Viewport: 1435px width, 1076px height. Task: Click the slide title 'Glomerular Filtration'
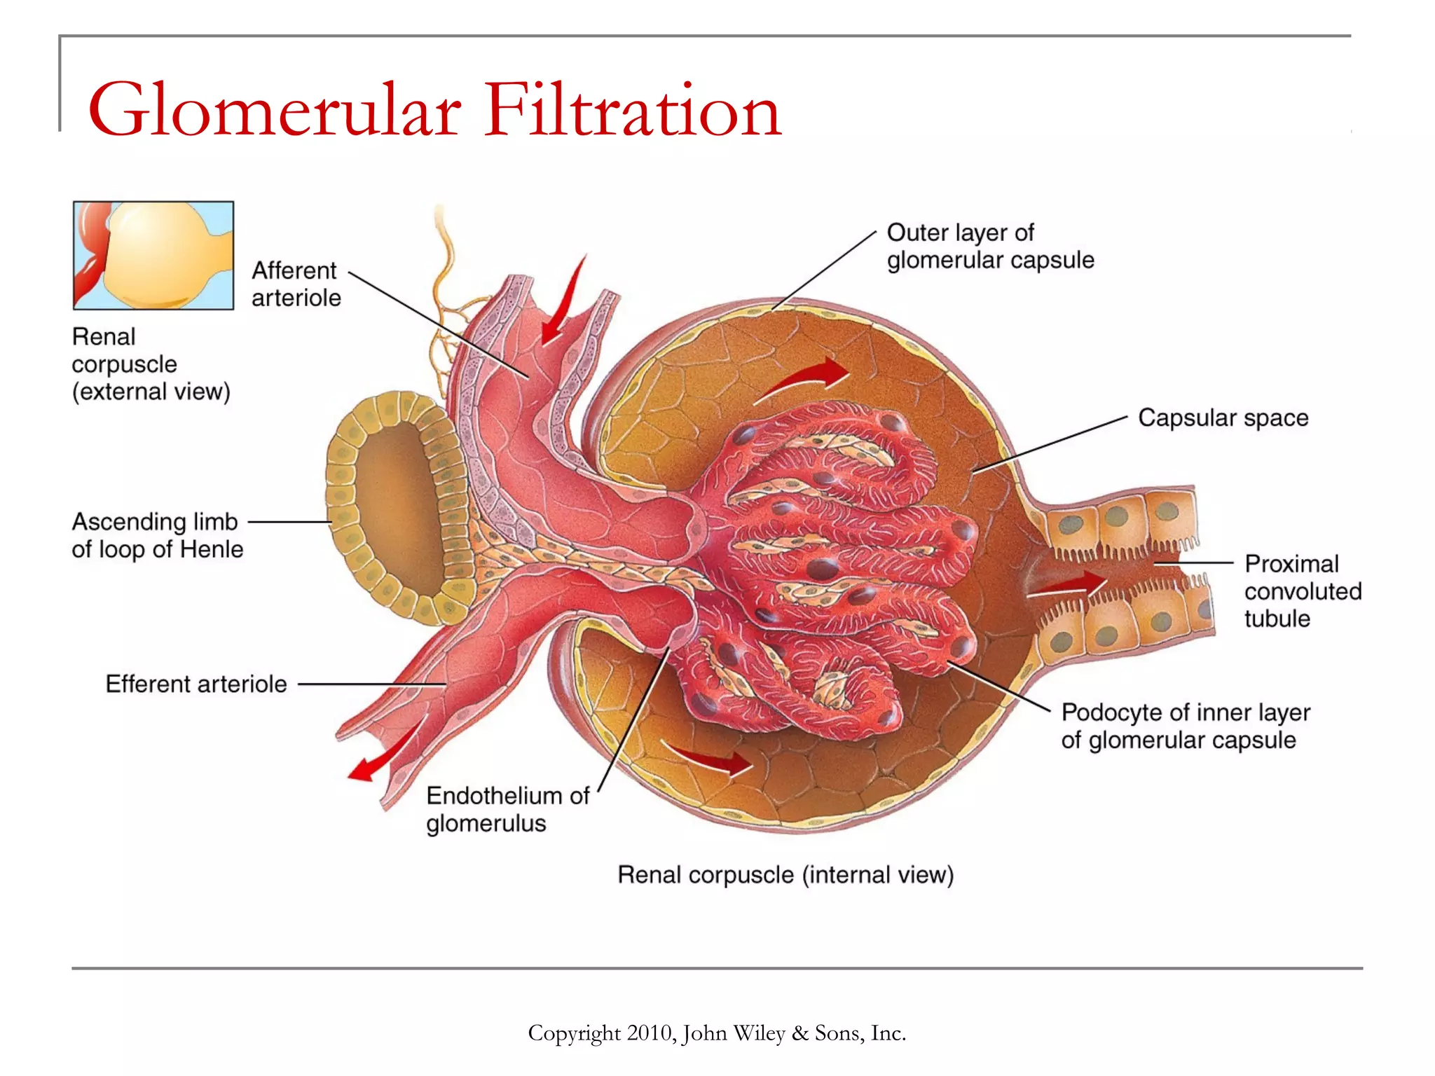pyautogui.click(x=434, y=111)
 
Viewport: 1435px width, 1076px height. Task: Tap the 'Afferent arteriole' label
pyautogui.click(x=296, y=284)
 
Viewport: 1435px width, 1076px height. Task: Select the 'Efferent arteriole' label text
pyautogui.click(x=196, y=684)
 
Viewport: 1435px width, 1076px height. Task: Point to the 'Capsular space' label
pyautogui.click(x=1223, y=418)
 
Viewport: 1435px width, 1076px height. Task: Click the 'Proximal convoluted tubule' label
pyautogui.click(x=1302, y=591)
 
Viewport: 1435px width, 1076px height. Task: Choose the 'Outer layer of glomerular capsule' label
pyautogui.click(x=989, y=246)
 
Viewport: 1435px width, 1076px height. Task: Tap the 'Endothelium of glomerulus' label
pyautogui.click(x=507, y=809)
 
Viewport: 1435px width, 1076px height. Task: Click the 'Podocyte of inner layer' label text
pyautogui.click(x=1186, y=712)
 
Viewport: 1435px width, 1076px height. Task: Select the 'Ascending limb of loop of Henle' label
pyautogui.click(x=157, y=535)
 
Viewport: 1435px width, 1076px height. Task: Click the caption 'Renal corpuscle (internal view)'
pyautogui.click(x=785, y=875)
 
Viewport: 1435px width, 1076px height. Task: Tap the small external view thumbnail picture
pyautogui.click(x=153, y=256)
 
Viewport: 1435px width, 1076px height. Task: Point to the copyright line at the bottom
pyautogui.click(x=717, y=1033)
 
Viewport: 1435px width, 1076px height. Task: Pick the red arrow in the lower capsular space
pyautogui.click(x=708, y=757)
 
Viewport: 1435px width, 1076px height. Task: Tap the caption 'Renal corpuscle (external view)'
pyautogui.click(x=151, y=364)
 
